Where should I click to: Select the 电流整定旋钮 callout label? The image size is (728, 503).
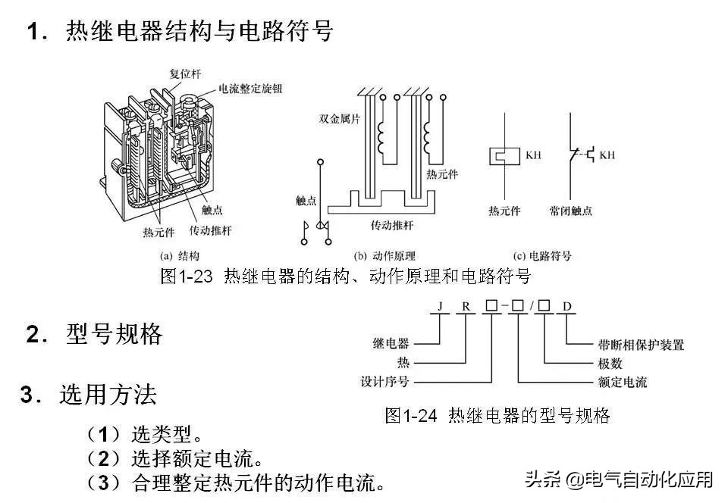coord(253,89)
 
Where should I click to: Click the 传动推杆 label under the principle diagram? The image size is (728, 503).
coord(392,226)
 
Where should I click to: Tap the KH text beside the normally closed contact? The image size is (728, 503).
coord(607,155)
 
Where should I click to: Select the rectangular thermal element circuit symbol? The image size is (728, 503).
coord(503,155)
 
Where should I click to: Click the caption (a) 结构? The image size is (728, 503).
coord(179,256)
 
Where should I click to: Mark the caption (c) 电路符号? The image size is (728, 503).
coord(542,256)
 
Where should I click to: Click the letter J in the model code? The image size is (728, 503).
coord(439,307)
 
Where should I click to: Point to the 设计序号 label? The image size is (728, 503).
coord(384,382)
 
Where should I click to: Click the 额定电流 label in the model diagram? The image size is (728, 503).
coord(617,382)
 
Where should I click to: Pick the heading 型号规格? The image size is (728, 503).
coord(114,335)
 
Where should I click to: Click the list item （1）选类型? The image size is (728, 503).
coord(144,435)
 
